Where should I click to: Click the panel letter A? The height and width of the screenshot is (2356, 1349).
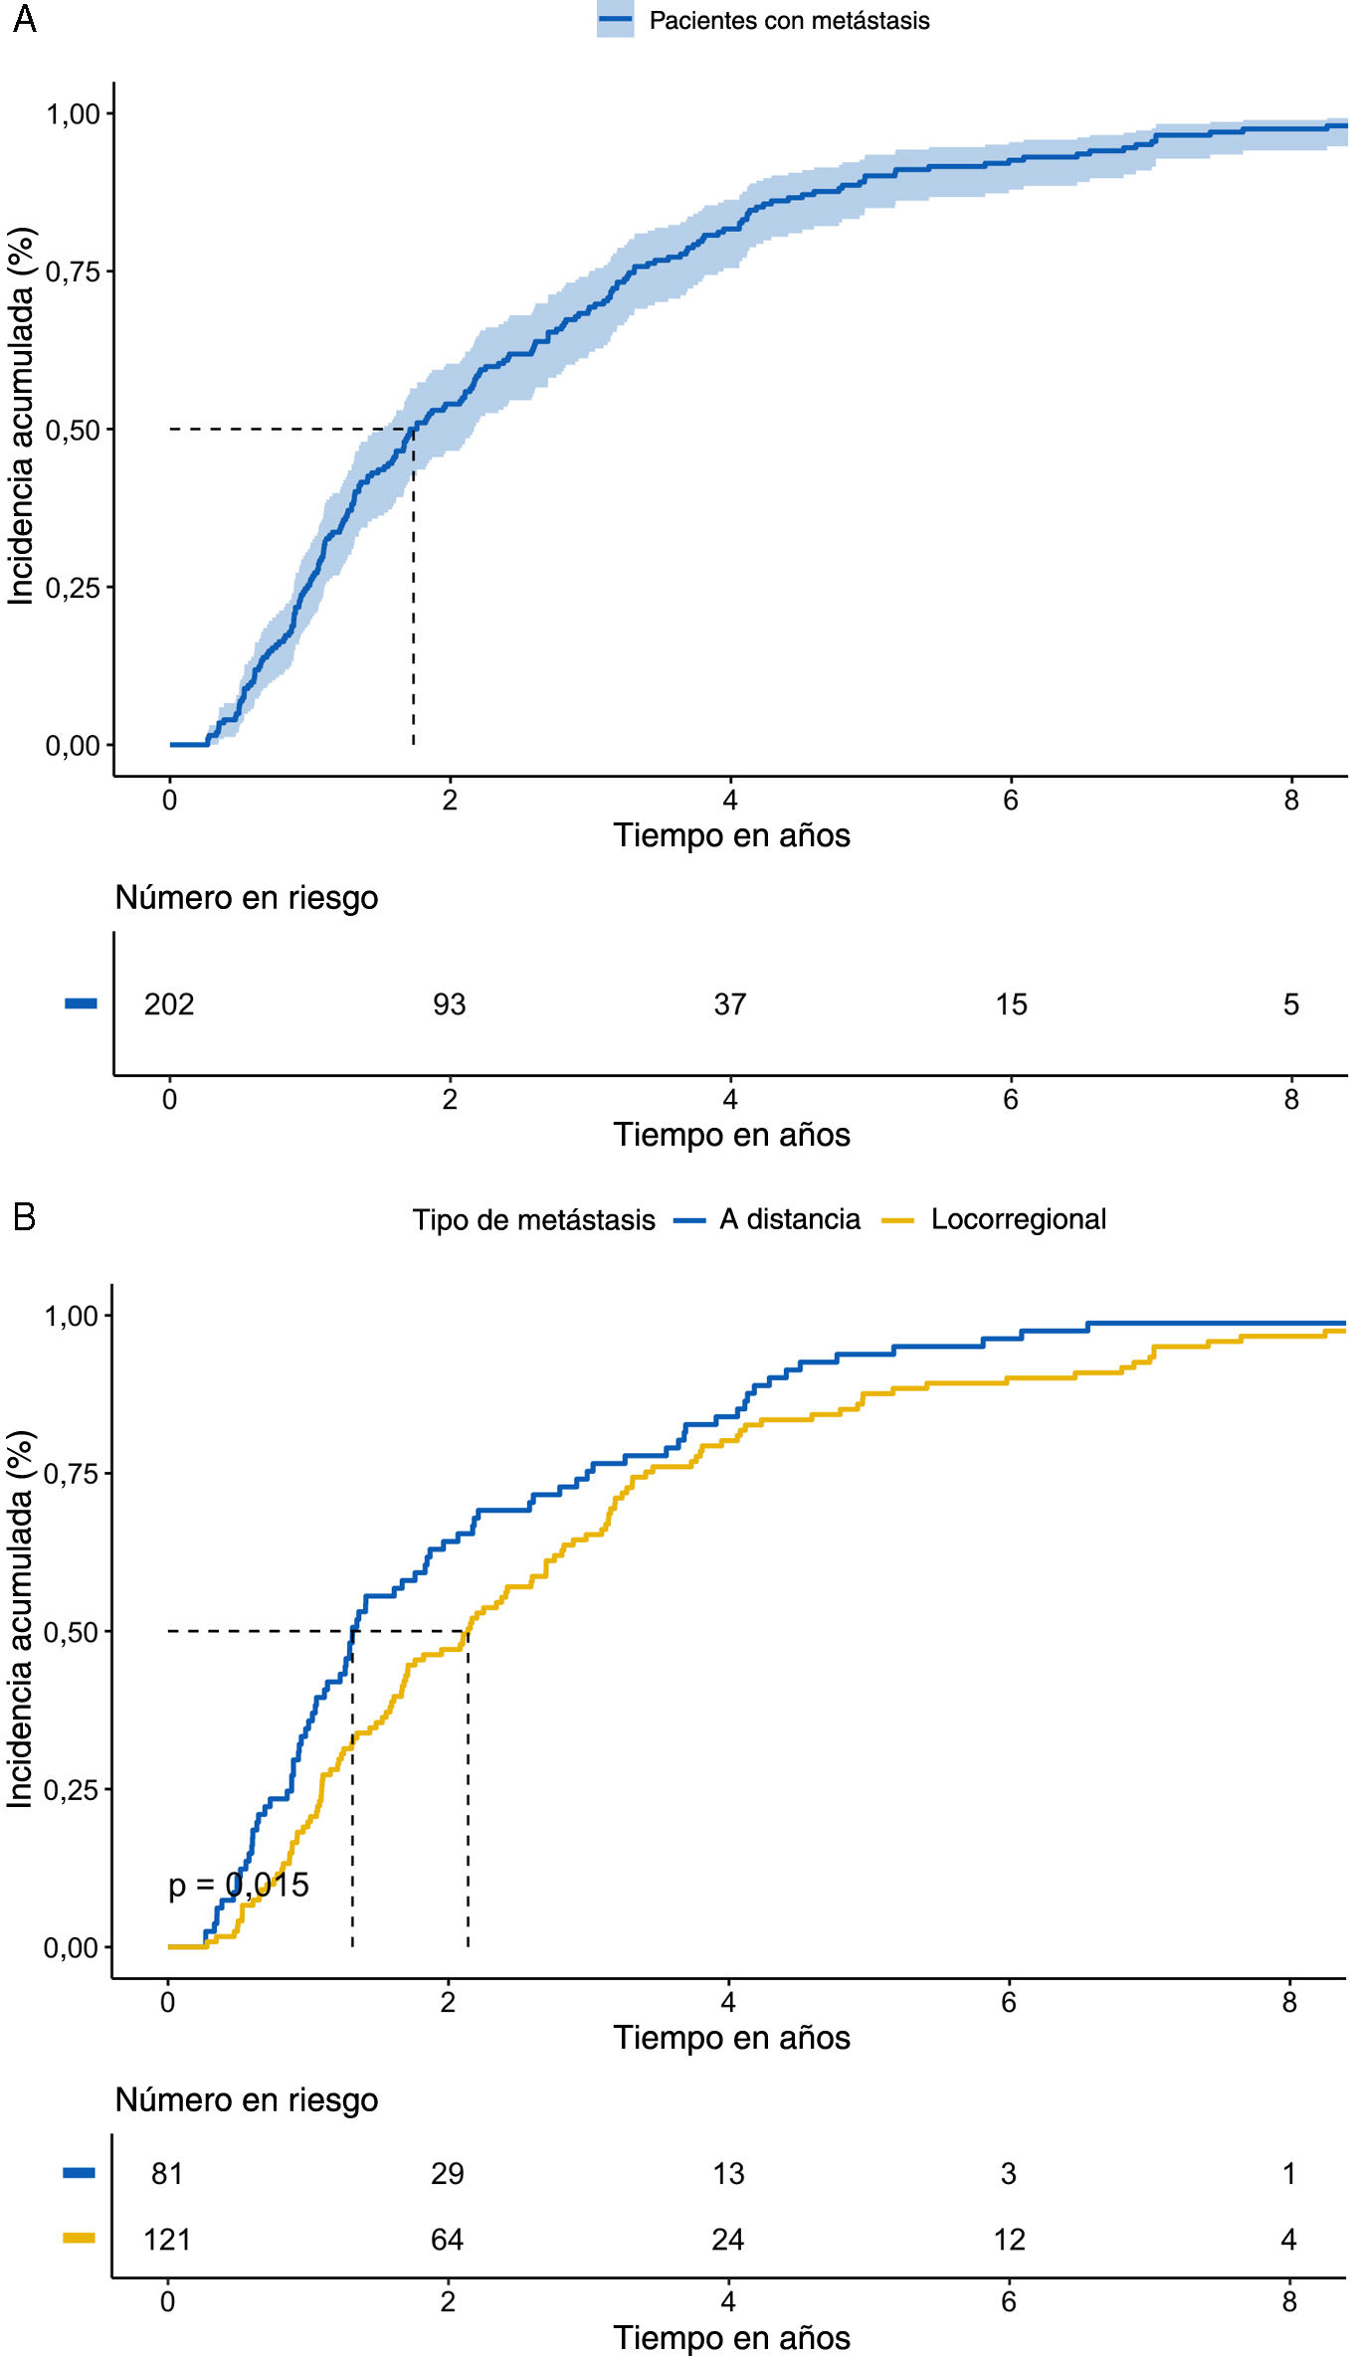click(x=24, y=19)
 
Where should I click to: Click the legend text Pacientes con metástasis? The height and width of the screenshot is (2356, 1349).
click(x=789, y=21)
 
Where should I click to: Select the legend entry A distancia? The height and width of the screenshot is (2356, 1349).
click(x=790, y=1219)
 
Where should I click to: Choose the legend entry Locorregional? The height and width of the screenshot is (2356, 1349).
click(x=1018, y=1219)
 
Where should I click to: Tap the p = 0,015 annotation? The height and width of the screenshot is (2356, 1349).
click(x=239, y=1884)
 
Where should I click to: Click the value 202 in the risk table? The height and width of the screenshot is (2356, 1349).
click(x=169, y=1004)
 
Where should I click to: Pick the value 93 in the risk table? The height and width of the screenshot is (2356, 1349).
click(x=449, y=1004)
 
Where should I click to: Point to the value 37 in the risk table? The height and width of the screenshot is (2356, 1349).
click(x=729, y=1004)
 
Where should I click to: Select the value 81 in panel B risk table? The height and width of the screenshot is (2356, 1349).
click(x=167, y=2173)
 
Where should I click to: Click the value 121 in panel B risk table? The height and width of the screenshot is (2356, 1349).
click(x=167, y=2239)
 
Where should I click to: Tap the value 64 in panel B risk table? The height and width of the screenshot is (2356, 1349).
click(x=447, y=2239)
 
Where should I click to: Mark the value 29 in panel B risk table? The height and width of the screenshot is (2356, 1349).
click(x=447, y=2173)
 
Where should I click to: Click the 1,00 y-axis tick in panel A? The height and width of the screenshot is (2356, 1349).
click(x=73, y=113)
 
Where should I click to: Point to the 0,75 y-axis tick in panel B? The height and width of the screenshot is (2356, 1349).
click(x=71, y=1473)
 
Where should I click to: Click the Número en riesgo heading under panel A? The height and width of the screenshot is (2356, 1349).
click(x=247, y=897)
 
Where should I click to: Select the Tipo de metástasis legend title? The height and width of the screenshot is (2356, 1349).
click(x=534, y=1220)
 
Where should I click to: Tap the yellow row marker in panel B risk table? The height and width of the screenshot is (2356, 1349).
click(x=80, y=2238)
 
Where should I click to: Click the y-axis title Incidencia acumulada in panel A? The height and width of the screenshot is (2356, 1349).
click(x=21, y=416)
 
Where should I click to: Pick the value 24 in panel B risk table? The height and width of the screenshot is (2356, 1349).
click(x=727, y=2239)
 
